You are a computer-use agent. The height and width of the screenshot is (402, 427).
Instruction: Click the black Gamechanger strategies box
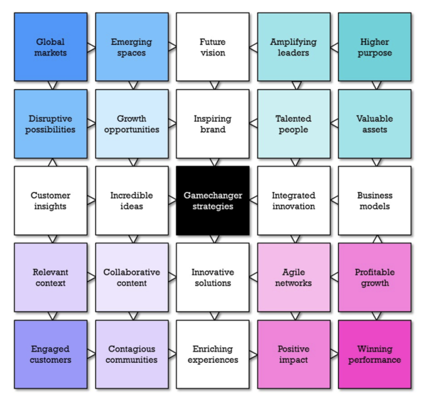pyautogui.click(x=213, y=201)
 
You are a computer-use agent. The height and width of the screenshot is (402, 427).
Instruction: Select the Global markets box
pyautogui.click(x=51, y=47)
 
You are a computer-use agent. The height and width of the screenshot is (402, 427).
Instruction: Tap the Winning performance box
pyautogui.click(x=374, y=354)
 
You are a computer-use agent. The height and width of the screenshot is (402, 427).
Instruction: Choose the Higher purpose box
pyautogui.click(x=374, y=47)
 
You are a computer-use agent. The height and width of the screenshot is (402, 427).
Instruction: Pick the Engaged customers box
pyautogui.click(x=51, y=354)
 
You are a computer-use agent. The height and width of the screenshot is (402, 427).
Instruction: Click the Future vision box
pyautogui.click(x=213, y=47)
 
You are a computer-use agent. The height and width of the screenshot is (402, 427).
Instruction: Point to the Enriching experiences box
pyautogui.click(x=213, y=354)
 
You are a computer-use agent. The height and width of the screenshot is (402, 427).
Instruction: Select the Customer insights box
pyautogui.click(x=51, y=201)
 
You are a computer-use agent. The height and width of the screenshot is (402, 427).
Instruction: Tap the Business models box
pyautogui.click(x=374, y=201)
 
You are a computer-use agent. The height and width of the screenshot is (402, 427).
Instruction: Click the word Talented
pyautogui.click(x=293, y=119)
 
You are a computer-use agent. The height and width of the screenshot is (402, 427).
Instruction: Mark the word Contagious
pyautogui.click(x=132, y=349)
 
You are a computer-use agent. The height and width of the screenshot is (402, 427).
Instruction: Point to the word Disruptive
pyautogui.click(x=51, y=119)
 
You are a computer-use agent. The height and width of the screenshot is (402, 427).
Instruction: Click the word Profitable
pyautogui.click(x=374, y=273)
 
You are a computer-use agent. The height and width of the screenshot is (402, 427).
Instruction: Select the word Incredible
pyautogui.click(x=132, y=196)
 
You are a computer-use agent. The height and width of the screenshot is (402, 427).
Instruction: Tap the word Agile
pyautogui.click(x=293, y=273)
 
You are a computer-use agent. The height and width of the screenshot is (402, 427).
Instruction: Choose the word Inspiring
pyautogui.click(x=213, y=119)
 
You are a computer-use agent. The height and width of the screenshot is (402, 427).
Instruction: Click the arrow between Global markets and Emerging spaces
pyautogui.click(x=91, y=47)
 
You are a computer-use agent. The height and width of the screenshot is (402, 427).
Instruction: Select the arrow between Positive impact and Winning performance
pyautogui.click(x=334, y=354)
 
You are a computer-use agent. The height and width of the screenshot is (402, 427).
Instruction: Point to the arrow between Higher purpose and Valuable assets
pyautogui.click(x=374, y=85)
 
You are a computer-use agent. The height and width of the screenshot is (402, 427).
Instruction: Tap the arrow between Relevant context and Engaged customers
pyautogui.click(x=51, y=316)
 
